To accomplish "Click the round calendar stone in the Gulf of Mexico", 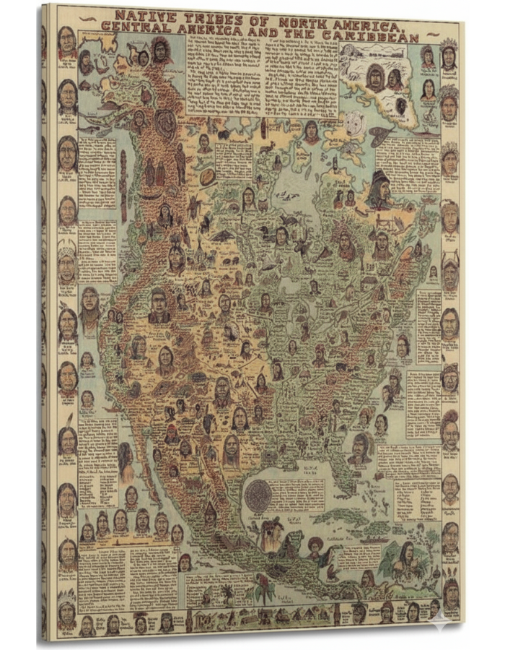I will pyautogui.click(x=258, y=495).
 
